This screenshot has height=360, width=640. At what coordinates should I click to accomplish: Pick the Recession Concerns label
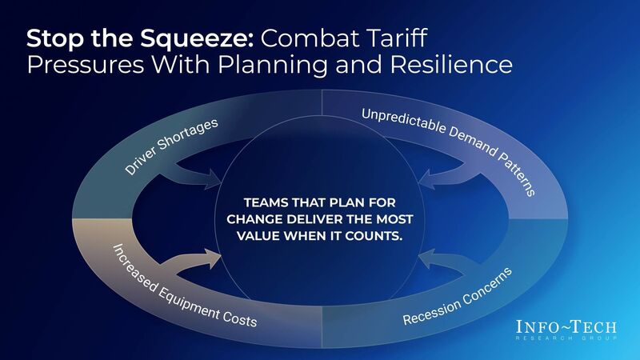click(457, 297)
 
